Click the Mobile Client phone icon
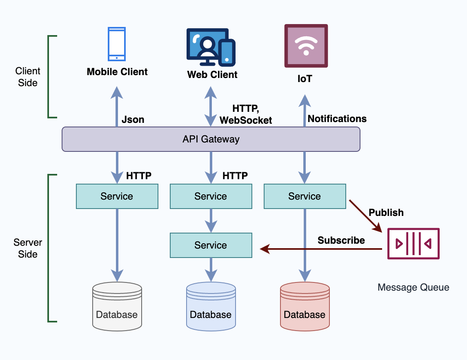pyautogui.click(x=117, y=44)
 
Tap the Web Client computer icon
pyautogui.click(x=211, y=47)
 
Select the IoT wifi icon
pyautogui.click(x=306, y=46)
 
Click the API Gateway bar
pyautogui.click(x=211, y=139)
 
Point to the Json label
pyautogui.click(x=133, y=120)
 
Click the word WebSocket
pyautogui.click(x=246, y=120)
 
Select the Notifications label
pyautogui.click(x=337, y=119)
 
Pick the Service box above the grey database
pyautogui.click(x=117, y=196)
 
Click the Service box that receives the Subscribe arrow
pyautogui.click(x=211, y=245)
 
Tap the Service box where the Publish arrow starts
pyautogui.click(x=305, y=196)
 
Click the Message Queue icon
pyautogui.click(x=413, y=244)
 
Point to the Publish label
pyautogui.click(x=386, y=213)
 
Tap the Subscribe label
pyautogui.click(x=341, y=240)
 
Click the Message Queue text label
pyautogui.click(x=413, y=287)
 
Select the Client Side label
pyautogui.click(x=28, y=77)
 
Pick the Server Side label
pyautogui.click(x=28, y=248)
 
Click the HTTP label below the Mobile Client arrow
pyautogui.click(x=139, y=176)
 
